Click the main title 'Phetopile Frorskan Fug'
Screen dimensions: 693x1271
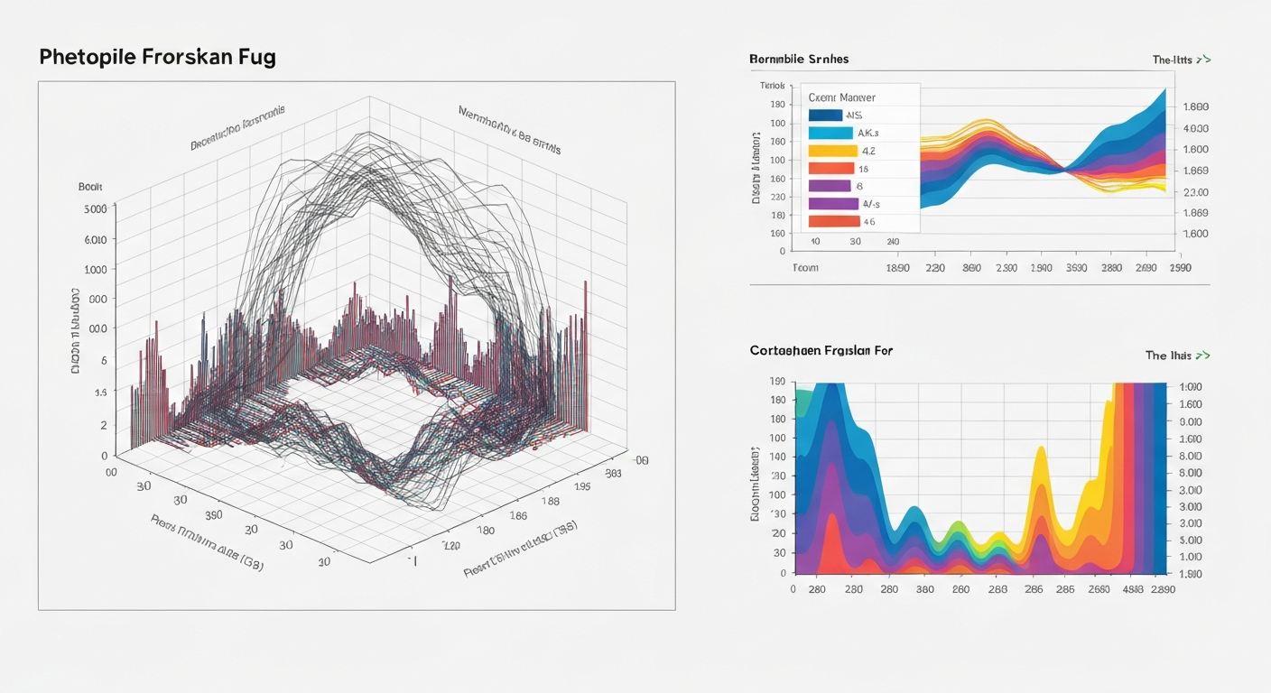point(157,57)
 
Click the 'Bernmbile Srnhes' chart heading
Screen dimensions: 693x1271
point(799,59)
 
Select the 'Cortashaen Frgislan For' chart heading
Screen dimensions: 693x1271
point(821,350)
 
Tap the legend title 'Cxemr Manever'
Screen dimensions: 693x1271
point(842,97)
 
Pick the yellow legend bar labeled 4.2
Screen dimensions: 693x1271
point(832,151)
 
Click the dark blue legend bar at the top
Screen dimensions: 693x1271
point(825,115)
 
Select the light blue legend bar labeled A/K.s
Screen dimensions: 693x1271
point(830,133)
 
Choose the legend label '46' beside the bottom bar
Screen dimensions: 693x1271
point(869,221)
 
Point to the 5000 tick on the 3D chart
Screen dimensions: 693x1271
point(95,208)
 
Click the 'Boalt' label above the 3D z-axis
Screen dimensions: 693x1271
point(91,186)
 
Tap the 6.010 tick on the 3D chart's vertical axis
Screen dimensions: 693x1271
point(95,240)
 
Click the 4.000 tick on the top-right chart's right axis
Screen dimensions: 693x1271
point(1194,128)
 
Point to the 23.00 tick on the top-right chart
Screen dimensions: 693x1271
point(1194,192)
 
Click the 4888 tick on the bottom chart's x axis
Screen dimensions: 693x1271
point(1133,589)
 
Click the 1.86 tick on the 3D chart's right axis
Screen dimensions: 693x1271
point(518,515)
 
